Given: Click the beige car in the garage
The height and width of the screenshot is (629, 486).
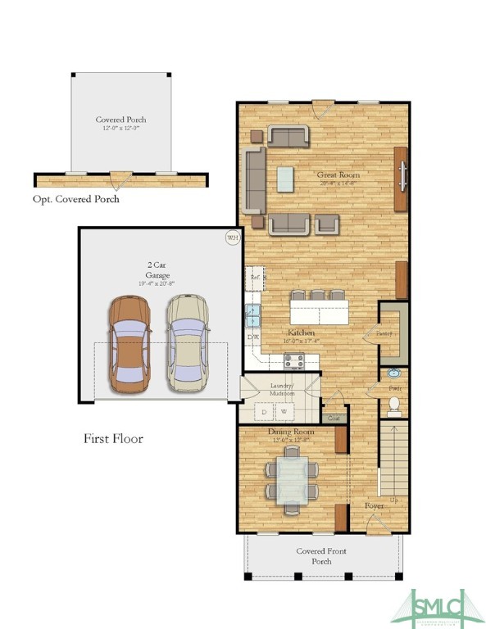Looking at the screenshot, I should click(188, 342).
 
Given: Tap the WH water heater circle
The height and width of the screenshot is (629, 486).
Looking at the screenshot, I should click(232, 238).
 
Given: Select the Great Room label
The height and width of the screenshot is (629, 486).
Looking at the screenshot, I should click(338, 174).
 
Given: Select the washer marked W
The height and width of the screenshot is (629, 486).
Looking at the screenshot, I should click(284, 411).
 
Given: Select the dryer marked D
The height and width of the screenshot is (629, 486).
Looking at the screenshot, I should click(264, 411).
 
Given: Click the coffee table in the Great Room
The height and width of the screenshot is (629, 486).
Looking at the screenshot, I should click(284, 179).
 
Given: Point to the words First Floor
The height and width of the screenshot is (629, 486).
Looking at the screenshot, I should click(113, 439).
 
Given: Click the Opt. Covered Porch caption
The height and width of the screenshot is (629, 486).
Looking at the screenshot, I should click(76, 199).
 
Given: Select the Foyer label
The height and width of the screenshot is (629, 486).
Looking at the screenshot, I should click(375, 505).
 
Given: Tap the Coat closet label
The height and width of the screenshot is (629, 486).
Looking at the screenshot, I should click(334, 418).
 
